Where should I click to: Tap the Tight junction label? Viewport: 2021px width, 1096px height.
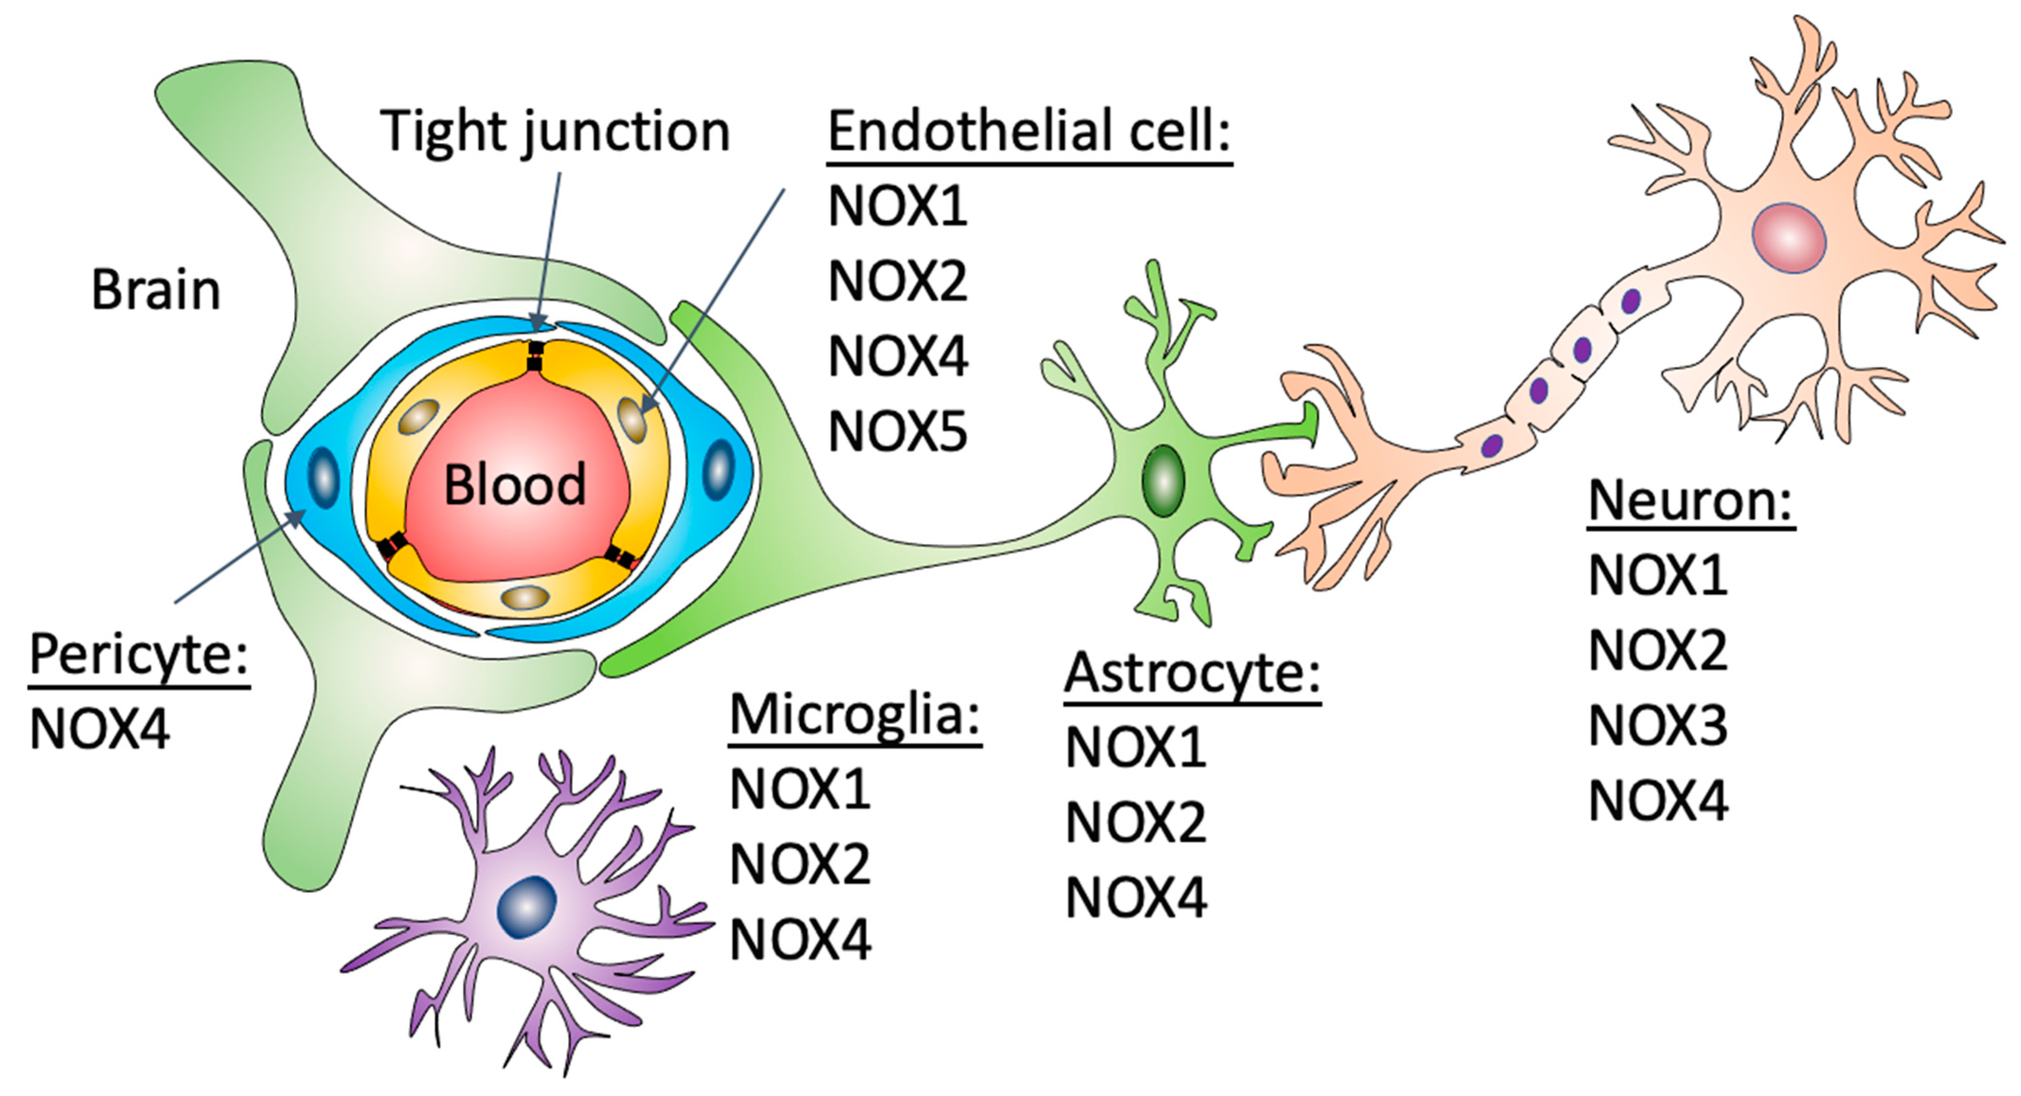(x=555, y=131)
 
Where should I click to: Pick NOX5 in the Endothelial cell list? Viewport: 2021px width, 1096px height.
(x=898, y=432)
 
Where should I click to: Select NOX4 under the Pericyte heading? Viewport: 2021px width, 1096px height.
(x=99, y=730)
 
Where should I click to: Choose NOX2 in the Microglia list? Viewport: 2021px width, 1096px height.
(x=800, y=864)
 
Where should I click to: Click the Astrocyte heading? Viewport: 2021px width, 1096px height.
(x=1192, y=673)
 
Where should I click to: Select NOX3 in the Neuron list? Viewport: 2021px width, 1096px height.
(x=1658, y=726)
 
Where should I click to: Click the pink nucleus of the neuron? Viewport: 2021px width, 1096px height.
(x=1789, y=238)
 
